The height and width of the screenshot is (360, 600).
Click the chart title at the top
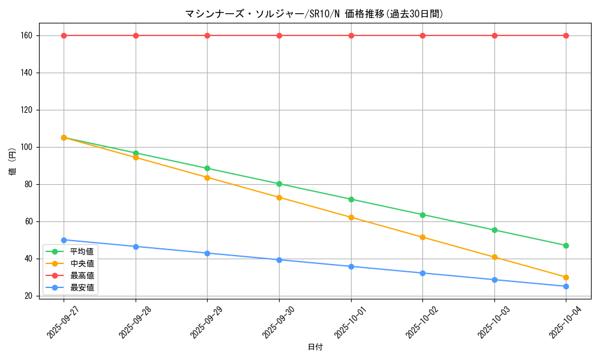314,14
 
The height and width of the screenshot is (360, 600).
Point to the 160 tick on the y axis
26,35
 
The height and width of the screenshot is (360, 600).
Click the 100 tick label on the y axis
26,147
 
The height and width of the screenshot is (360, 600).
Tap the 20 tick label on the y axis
28,296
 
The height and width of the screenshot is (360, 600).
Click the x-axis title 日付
315,347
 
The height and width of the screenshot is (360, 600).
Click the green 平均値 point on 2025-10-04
566,245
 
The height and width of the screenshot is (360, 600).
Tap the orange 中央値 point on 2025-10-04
566,277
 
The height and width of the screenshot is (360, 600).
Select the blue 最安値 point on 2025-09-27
64,240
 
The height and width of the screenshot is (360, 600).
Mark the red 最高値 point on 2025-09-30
279,35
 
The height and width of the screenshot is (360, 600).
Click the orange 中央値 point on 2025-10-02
422,237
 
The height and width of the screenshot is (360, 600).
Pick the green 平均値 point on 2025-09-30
279,184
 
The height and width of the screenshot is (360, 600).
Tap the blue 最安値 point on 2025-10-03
494,280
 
